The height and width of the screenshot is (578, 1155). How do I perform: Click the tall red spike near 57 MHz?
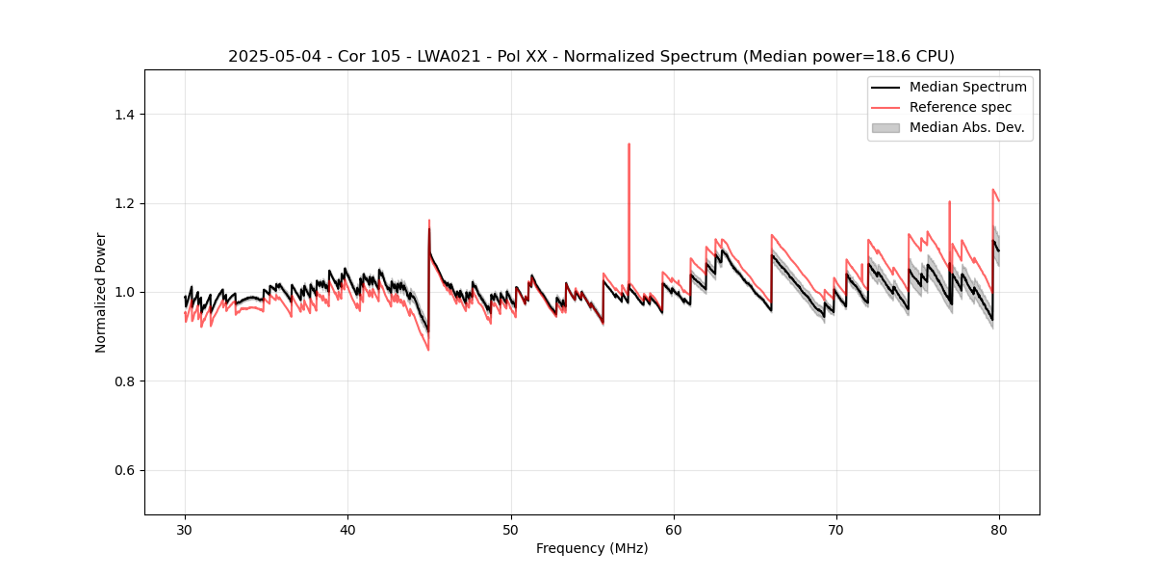click(x=629, y=144)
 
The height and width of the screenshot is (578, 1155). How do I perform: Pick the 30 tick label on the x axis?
click(x=185, y=530)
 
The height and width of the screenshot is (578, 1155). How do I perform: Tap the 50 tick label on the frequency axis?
click(x=511, y=530)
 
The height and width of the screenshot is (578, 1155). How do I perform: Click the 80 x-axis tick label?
click(x=999, y=530)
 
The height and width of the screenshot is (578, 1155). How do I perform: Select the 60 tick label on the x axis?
click(x=674, y=530)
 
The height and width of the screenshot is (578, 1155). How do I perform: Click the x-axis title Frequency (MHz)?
click(x=592, y=548)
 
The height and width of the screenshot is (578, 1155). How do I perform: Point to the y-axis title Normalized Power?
click(x=101, y=292)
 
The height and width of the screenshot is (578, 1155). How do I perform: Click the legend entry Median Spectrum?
click(x=967, y=87)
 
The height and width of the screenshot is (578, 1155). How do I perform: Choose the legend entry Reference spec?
click(x=961, y=107)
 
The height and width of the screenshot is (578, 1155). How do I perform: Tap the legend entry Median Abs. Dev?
click(x=966, y=127)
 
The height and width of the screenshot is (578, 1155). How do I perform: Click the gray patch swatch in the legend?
click(x=885, y=127)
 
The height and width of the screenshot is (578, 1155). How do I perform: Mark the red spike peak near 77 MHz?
click(x=949, y=202)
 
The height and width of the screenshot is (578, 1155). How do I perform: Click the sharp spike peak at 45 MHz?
click(x=429, y=221)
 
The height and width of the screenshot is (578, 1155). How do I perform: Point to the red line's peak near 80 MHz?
click(x=992, y=190)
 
